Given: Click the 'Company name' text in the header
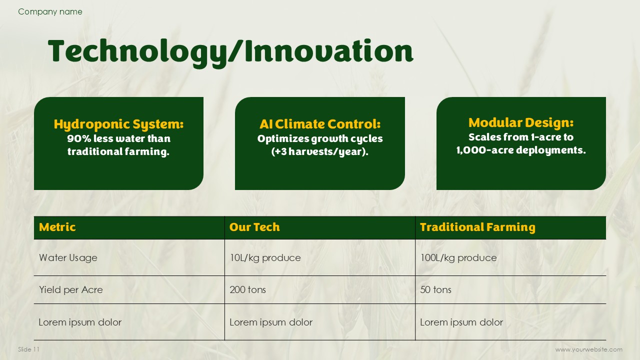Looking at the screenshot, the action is click(50, 11).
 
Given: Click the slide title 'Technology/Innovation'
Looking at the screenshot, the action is click(230, 52).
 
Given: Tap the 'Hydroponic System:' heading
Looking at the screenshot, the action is click(118, 124).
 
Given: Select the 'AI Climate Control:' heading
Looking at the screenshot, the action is click(320, 124).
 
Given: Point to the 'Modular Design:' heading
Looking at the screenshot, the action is click(521, 123).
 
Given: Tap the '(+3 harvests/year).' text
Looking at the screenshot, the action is click(319, 151).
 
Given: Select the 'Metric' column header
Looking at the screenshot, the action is click(57, 227).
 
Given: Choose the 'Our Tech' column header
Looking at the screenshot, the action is click(254, 227).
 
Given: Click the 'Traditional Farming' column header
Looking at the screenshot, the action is click(477, 227).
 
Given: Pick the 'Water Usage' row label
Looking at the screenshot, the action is click(68, 257).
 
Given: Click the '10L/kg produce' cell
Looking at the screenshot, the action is click(265, 257).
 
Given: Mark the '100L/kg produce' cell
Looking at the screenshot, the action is click(458, 257).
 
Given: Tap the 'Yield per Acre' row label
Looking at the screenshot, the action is click(71, 289).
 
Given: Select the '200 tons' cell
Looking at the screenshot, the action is click(247, 289).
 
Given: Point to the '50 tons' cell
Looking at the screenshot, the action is click(435, 289).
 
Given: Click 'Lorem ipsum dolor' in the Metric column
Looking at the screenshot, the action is click(80, 322).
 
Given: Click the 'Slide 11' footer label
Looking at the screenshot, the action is click(28, 349).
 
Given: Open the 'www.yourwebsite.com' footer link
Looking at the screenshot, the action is click(589, 349).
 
